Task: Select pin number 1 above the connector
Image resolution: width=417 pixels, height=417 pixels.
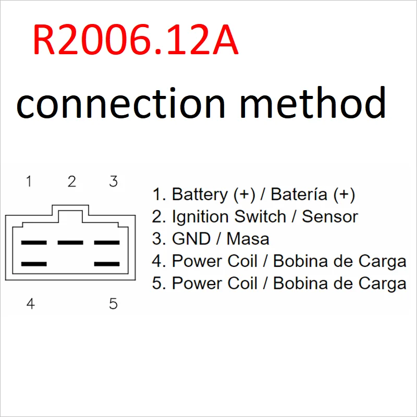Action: click(x=29, y=181)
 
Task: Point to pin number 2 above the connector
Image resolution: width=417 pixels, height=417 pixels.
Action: click(x=72, y=181)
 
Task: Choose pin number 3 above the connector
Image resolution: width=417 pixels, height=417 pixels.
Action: click(x=114, y=181)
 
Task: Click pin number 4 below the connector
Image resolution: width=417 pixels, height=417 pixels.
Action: click(x=30, y=303)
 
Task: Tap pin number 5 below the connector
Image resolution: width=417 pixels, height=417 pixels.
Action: click(x=114, y=303)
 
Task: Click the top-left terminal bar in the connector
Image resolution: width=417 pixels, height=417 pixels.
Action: click(x=34, y=242)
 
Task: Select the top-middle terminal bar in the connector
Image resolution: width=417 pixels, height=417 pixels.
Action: click(x=70, y=242)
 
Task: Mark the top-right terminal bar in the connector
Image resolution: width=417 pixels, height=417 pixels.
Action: click(x=107, y=242)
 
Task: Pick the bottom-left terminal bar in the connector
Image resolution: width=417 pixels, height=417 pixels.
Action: click(x=34, y=264)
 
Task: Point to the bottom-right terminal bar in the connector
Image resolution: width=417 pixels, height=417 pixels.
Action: click(x=107, y=264)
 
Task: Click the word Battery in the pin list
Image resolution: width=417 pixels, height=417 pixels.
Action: click(x=200, y=195)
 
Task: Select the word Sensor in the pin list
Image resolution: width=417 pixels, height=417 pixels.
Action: click(x=330, y=217)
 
